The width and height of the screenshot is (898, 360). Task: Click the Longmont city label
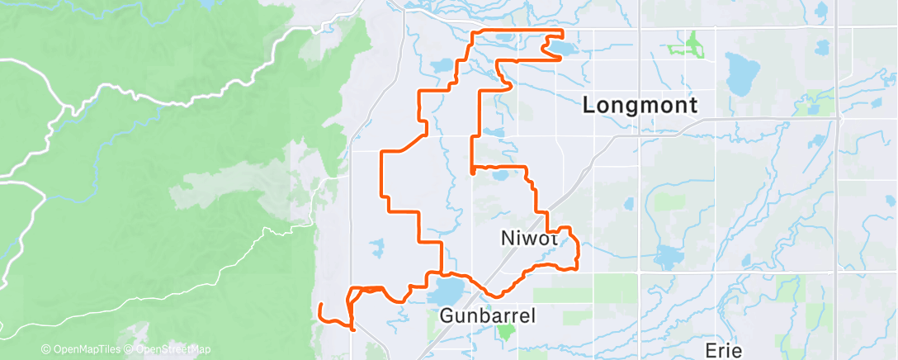pos(640,105)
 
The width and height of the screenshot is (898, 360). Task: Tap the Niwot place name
pos(530,238)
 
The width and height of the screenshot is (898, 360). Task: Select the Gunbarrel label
pos(488,315)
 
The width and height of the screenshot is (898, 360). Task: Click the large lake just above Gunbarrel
pos(447,291)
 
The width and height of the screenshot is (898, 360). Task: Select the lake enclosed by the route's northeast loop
pos(565,50)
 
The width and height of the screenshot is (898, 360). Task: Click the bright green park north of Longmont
pos(692,45)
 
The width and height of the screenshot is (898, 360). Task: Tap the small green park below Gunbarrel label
pos(505,333)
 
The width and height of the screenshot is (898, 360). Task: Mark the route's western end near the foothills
pos(320,306)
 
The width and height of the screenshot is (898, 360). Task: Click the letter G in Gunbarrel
pos(447,315)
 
